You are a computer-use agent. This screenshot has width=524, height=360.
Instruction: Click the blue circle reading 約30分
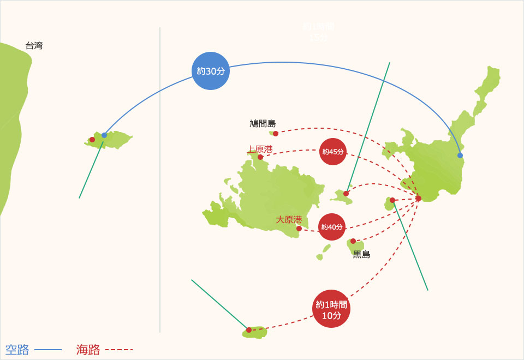coord(211,70)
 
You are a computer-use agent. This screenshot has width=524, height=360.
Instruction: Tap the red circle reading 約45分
coord(332,152)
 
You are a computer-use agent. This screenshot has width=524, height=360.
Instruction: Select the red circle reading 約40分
coord(332,227)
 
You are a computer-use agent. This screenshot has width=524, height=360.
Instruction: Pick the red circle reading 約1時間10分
coord(331,309)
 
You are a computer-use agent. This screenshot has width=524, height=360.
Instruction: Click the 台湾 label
coord(34,46)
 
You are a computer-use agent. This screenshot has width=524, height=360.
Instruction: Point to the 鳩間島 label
coord(263,124)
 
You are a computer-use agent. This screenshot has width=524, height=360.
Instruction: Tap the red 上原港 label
coord(260,148)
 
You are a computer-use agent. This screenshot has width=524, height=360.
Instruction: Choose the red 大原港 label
coord(289,219)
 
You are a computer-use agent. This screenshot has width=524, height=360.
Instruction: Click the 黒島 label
coord(361,254)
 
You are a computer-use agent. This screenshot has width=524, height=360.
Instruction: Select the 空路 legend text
coord(17,350)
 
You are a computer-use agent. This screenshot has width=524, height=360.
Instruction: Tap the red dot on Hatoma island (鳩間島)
coord(276,134)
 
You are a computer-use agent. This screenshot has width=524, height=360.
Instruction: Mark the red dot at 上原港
coord(260,158)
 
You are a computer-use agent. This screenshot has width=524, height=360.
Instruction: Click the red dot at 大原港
coord(299,229)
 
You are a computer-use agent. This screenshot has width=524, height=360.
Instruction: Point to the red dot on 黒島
coord(353,241)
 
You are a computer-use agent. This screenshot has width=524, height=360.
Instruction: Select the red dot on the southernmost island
coord(249,330)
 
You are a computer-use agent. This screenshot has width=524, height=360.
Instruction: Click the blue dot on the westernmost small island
coord(104,135)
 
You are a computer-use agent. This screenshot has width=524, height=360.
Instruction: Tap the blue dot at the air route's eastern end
coord(460,155)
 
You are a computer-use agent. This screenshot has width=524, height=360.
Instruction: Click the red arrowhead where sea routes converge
coord(419,198)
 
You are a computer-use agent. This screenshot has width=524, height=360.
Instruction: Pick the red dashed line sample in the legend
coord(118,350)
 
